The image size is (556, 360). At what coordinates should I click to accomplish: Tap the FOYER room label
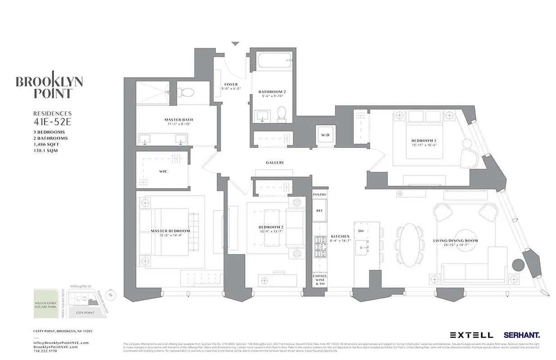(x=231, y=84)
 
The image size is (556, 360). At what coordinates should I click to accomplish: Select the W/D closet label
(x=325, y=135)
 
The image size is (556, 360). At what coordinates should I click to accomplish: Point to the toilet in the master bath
(x=188, y=93)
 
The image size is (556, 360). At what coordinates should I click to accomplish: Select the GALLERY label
(x=275, y=162)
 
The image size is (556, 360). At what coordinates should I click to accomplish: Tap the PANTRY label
(x=319, y=194)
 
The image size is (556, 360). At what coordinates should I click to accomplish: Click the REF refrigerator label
(x=319, y=210)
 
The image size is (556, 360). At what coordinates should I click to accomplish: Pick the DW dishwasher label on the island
(x=361, y=230)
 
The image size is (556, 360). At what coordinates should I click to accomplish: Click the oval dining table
(x=409, y=245)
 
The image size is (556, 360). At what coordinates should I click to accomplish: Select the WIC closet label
(x=163, y=171)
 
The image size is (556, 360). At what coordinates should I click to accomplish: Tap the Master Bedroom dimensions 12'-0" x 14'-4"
(x=170, y=236)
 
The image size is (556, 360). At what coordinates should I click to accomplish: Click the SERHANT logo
(x=522, y=335)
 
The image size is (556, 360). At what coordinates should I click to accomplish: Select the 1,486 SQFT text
(x=46, y=144)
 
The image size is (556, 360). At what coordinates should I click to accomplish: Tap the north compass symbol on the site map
(x=112, y=296)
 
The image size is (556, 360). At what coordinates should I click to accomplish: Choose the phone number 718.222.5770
(x=46, y=352)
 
